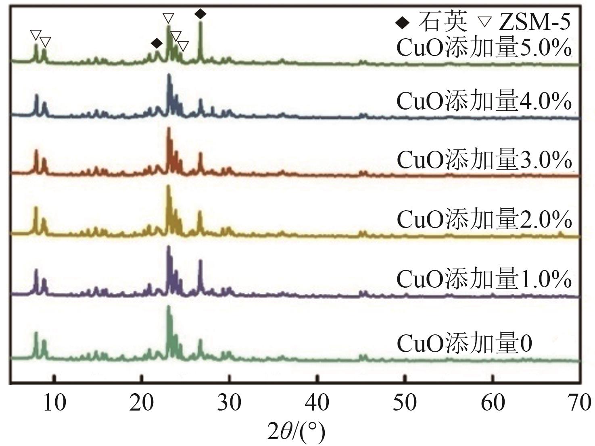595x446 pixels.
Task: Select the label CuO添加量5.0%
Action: [484, 48]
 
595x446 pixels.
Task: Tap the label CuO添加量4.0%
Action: [484, 101]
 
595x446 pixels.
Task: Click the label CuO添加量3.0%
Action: [484, 160]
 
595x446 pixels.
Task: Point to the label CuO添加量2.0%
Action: [484, 219]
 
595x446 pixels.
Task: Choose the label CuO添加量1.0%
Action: [484, 278]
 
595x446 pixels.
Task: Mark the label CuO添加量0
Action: [464, 343]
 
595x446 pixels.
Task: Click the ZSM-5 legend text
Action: [535, 22]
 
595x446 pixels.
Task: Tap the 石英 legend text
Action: [443, 22]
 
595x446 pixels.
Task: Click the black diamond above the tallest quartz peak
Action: [200, 14]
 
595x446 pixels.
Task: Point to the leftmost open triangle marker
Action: [35, 35]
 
